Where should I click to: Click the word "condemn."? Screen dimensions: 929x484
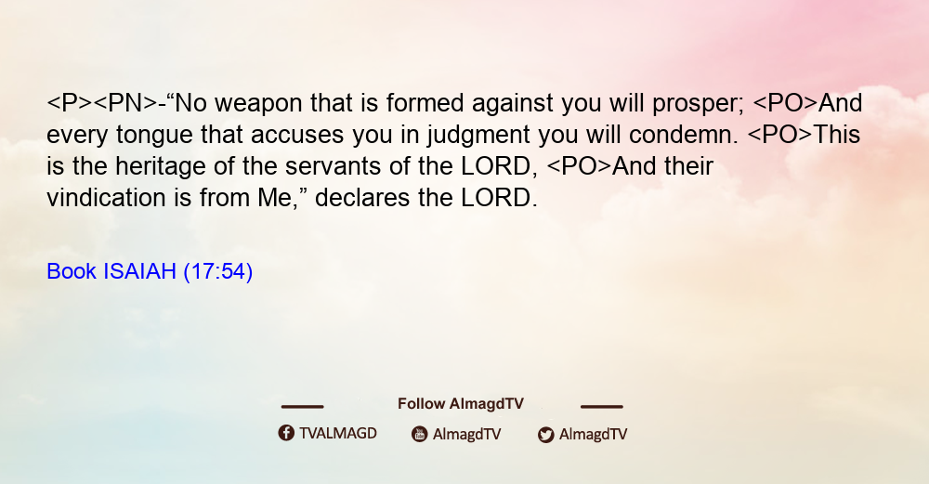tap(684, 135)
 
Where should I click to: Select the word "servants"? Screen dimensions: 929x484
tap(333, 167)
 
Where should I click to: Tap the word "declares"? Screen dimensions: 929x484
tap(362, 198)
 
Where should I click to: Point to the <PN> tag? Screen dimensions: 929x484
tap(125, 103)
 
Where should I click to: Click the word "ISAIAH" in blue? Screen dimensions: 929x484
tap(140, 271)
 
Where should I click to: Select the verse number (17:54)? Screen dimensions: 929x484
tap(218, 271)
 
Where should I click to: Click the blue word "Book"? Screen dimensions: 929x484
tap(72, 271)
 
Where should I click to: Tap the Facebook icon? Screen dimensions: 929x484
tap(286, 433)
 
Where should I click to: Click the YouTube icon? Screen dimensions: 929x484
tap(420, 434)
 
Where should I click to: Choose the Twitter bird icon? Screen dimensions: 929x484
tap(545, 435)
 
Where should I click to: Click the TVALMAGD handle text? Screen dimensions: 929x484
tap(338, 434)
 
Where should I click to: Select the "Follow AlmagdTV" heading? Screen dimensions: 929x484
tap(461, 404)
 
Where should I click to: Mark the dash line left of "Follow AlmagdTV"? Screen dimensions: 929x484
tap(302, 406)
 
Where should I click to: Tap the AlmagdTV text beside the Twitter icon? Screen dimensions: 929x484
tap(593, 434)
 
